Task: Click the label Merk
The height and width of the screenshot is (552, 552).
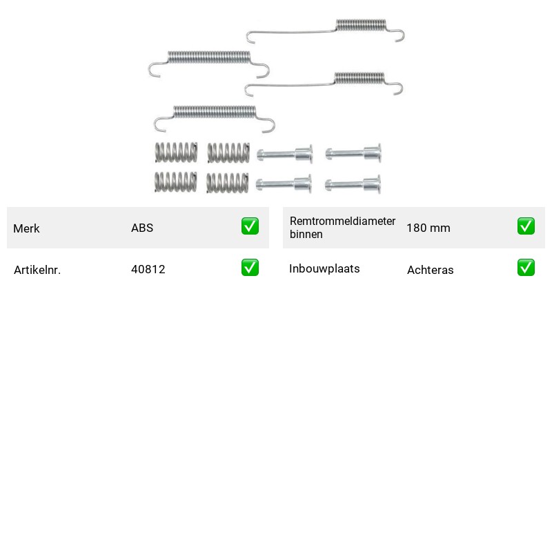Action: coord(26,228)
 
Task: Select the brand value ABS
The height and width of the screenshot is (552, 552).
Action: coord(142,228)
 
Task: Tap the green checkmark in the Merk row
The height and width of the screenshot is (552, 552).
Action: coord(250,226)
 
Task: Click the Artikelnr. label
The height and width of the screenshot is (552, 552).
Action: coord(37,270)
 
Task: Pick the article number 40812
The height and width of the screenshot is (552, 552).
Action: coord(148,269)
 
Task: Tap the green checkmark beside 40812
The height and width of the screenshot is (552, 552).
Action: coord(250,268)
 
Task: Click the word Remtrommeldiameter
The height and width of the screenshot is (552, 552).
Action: coord(342,221)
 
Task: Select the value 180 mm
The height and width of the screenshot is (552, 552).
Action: coord(428,228)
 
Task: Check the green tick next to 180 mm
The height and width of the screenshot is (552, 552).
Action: coord(526,226)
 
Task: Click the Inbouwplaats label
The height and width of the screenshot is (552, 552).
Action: coord(324,268)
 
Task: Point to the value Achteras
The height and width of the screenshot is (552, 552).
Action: coord(430,270)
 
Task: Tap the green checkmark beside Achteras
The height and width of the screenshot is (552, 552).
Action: coord(526,268)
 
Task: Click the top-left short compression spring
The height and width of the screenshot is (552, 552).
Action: coord(176,152)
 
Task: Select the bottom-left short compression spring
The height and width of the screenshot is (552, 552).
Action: coord(176,182)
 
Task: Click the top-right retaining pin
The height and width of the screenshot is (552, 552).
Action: coord(353,153)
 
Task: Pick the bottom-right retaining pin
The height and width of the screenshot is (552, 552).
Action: coord(353,184)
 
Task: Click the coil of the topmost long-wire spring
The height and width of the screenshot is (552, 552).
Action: coord(361,25)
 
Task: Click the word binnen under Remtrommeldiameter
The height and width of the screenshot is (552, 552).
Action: coord(306,235)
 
